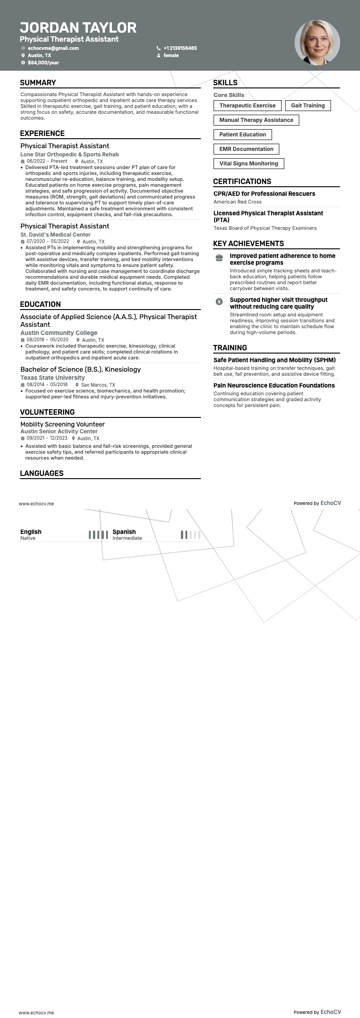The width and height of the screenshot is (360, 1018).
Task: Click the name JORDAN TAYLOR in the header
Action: pyautogui.click(x=78, y=28)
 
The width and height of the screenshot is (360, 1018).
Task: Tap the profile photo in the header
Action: pyautogui.click(x=317, y=43)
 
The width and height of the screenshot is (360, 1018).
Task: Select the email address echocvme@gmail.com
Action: pyautogui.click(x=53, y=48)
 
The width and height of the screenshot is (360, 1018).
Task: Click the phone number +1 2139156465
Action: pyautogui.click(x=180, y=48)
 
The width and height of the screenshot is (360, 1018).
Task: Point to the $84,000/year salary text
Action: pyautogui.click(x=43, y=63)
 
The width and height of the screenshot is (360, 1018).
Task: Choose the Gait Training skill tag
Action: pyautogui.click(x=308, y=106)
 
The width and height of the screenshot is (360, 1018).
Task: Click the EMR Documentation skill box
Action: pyautogui.click(x=246, y=149)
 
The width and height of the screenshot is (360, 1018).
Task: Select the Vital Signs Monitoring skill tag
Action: pyautogui.click(x=248, y=164)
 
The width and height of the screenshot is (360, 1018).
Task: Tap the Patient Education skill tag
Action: pyautogui.click(x=243, y=135)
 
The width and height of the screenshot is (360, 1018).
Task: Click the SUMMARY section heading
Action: pyautogui.click(x=38, y=82)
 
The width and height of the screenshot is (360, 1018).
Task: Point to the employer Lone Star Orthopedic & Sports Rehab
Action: pyautogui.click(x=69, y=155)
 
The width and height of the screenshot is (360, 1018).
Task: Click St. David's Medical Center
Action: pyautogui.click(x=55, y=235)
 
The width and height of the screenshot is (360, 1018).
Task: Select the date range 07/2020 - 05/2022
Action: pyautogui.click(x=48, y=242)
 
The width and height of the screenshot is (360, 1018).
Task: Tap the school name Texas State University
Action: pyautogui.click(x=53, y=378)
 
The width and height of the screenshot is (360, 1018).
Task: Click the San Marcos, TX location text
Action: pyautogui.click(x=98, y=385)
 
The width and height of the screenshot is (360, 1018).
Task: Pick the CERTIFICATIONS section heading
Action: pyautogui.click(x=242, y=181)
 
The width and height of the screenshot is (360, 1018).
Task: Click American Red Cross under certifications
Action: pyautogui.click(x=238, y=202)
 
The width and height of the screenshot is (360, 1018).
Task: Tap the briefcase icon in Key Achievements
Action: pyautogui.click(x=219, y=257)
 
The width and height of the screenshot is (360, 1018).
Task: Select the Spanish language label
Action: pyautogui.click(x=124, y=532)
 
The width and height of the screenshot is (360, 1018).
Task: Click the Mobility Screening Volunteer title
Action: pyautogui.click(x=63, y=424)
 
